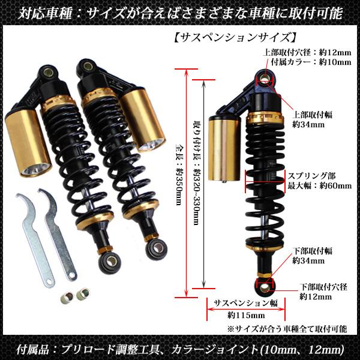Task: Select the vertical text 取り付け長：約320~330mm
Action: [196, 174]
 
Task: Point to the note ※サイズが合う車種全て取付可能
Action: [287, 329]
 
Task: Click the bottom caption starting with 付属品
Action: [180, 349]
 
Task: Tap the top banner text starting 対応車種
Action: [180, 11]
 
